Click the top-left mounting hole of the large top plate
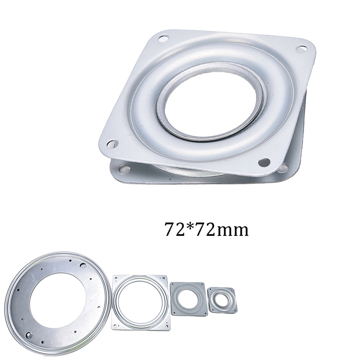tap(163, 39)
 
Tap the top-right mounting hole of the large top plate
tap(301, 49)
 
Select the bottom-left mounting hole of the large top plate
tap(112, 144)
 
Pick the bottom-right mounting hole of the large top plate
tap(264, 162)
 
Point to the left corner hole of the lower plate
tap(124, 169)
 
